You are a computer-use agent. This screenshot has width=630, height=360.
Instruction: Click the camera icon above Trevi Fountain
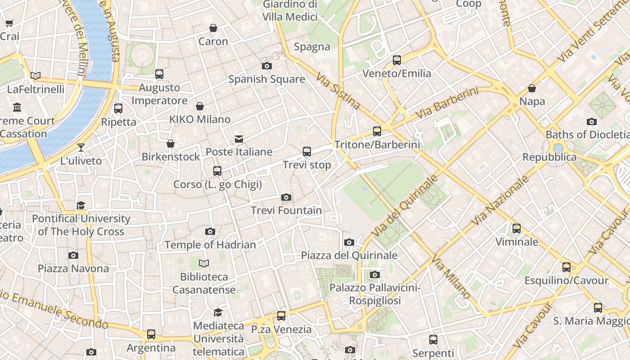point(286,197)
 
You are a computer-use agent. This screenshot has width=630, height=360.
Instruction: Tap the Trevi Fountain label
point(286,210)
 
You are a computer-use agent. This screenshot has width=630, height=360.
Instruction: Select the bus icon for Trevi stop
point(307,151)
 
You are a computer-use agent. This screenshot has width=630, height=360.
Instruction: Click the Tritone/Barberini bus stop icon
point(377,131)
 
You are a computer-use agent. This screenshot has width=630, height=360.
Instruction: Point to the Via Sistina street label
point(338,92)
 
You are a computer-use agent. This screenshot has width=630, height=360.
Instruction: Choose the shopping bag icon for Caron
point(213,28)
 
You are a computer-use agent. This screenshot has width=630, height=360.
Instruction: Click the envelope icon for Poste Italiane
point(239,139)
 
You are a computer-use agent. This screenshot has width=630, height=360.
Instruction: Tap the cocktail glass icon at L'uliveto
point(81,147)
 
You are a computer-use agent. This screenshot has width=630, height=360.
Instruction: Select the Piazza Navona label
point(73,269)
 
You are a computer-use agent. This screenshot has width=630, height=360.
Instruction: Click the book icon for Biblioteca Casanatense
point(204,263)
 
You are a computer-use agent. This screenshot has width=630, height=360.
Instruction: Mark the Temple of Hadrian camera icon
point(210,231)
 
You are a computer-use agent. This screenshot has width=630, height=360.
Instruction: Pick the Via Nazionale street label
point(500,201)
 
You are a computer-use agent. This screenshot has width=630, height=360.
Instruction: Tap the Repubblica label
point(549,157)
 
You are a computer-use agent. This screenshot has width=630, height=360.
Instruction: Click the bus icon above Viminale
point(517,229)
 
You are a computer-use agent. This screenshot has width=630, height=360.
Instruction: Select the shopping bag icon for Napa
point(532,88)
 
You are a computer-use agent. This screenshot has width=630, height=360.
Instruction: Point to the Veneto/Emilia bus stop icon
point(397,60)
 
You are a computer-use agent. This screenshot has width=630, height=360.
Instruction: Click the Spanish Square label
point(266,79)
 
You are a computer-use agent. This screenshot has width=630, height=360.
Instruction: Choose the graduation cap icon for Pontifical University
point(81,205)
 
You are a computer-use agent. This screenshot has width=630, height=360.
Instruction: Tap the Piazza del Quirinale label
point(349,256)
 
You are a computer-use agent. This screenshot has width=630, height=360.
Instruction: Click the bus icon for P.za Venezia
point(281,316)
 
